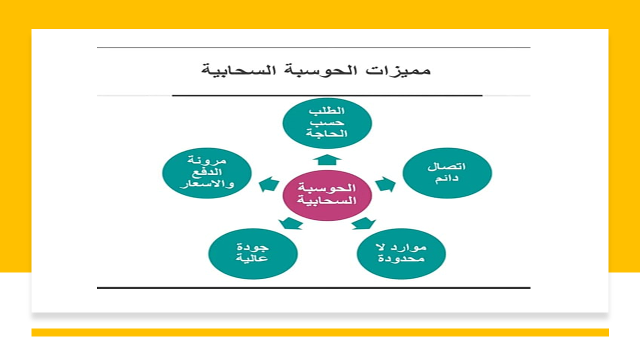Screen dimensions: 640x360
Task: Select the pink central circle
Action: pos(327,195)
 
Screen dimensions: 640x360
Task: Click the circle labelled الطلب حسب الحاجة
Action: pos(327,123)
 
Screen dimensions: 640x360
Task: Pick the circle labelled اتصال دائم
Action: pos(447,173)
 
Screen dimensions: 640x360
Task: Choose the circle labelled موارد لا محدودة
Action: pos(401,253)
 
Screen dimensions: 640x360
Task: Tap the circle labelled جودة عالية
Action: pos(253,253)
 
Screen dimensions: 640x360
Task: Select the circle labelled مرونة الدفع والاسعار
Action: pos(207,173)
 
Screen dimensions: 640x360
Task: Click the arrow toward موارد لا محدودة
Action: pos(363,223)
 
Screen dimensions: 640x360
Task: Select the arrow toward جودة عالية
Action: pos(290,223)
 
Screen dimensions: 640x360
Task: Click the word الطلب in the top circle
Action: pos(326,111)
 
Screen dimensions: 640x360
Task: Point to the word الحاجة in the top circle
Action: pos(326,133)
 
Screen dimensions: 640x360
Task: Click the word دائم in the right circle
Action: pos(446,179)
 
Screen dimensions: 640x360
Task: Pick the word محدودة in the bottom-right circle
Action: pos(401,259)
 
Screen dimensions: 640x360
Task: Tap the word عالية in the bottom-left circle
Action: pos(251,258)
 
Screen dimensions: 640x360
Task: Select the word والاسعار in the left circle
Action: pos(207,184)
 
